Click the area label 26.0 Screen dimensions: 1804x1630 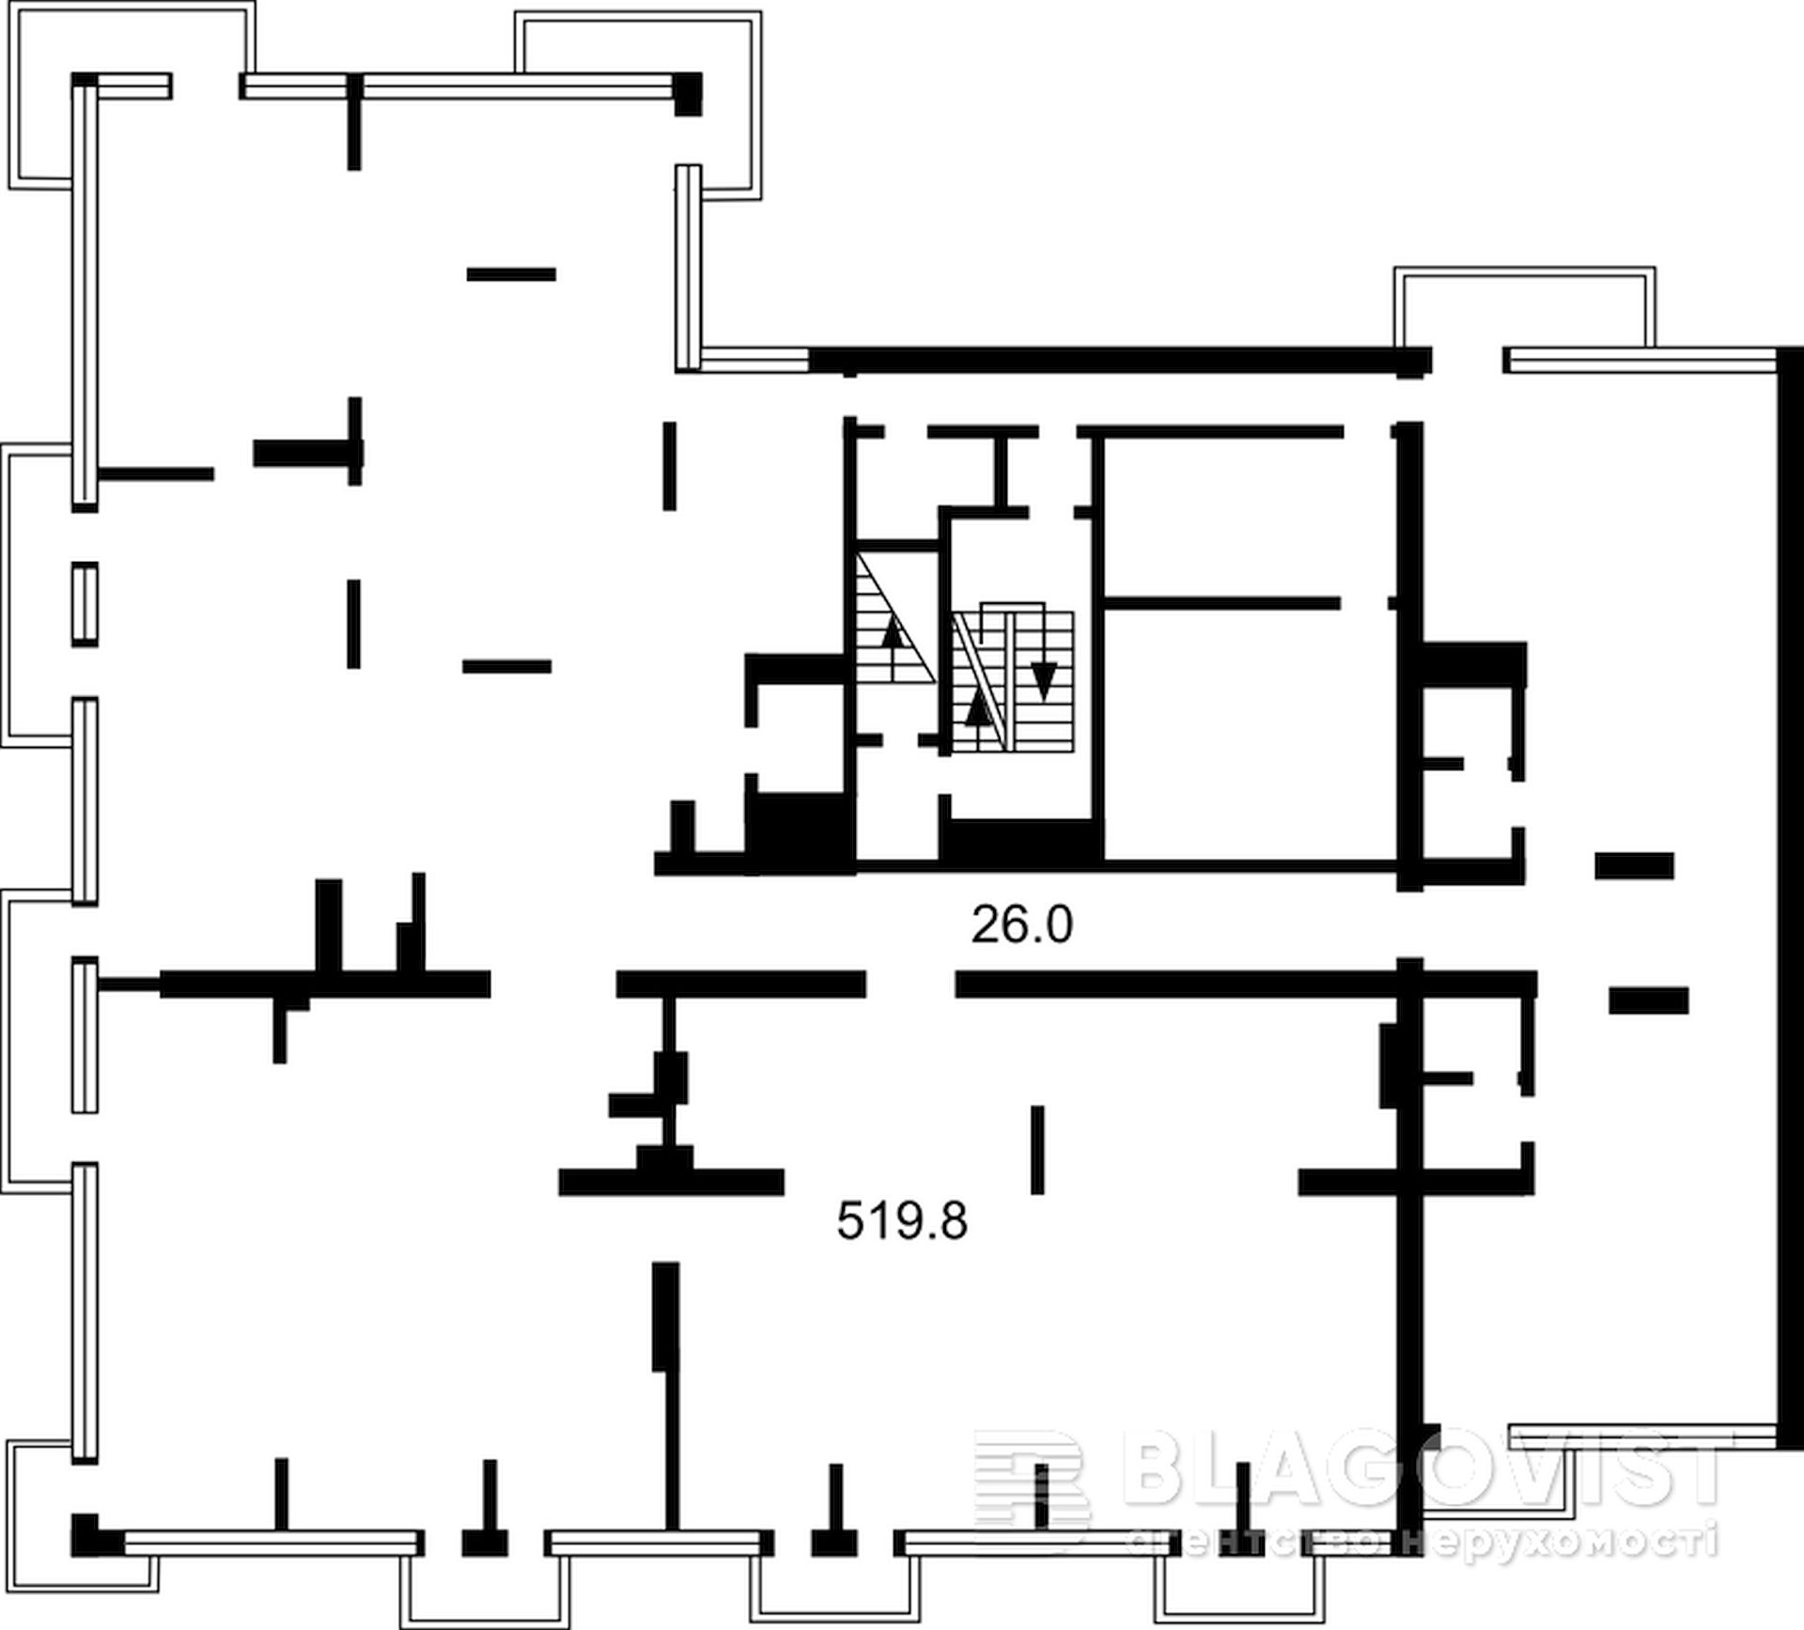pyautogui.click(x=1021, y=925)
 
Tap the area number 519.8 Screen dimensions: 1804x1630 pyautogui.click(x=902, y=1222)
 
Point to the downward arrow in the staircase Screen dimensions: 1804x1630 pyautogui.click(x=1044, y=679)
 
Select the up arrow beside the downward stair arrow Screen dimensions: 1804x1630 pyautogui.click(x=979, y=706)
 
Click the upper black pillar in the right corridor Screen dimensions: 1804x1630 pyautogui.click(x=1634, y=865)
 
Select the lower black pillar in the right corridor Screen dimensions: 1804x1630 pyautogui.click(x=1648, y=1000)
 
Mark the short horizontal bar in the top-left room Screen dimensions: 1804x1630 pyautogui.click(x=511, y=274)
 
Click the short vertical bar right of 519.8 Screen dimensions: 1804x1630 pyautogui.click(x=1037, y=1150)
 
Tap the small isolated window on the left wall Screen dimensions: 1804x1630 pyautogui.click(x=85, y=604)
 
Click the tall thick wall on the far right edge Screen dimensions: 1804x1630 pyautogui.click(x=1789, y=901)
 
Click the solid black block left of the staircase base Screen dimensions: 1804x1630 pyautogui.click(x=800, y=832)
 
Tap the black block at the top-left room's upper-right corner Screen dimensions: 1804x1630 pyautogui.click(x=688, y=94)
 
